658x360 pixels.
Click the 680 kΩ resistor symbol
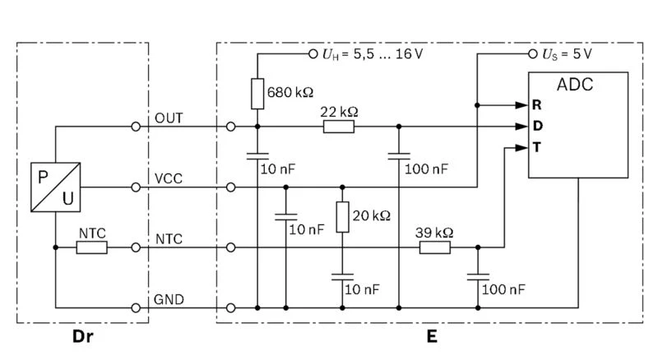[257, 93]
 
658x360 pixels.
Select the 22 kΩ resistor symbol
[339, 127]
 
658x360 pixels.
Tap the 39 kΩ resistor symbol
[435, 247]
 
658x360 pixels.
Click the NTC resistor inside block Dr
[91, 247]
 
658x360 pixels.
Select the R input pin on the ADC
[535, 106]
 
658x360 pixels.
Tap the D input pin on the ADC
[535, 127]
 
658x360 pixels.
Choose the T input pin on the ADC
[535, 147]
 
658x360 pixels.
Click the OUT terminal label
[169, 118]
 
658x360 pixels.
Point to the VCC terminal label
[168, 178]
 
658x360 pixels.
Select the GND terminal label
[169, 298]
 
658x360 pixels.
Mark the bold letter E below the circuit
[432, 336]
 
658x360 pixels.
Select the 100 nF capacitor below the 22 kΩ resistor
[399, 156]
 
